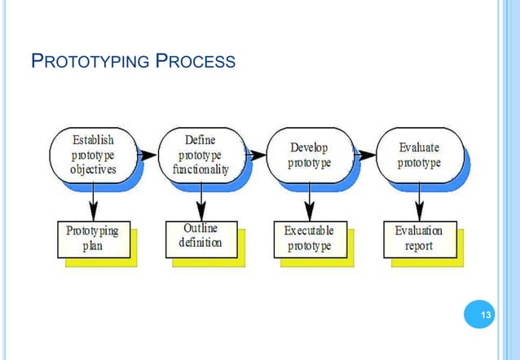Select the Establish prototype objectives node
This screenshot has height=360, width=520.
pos(93,154)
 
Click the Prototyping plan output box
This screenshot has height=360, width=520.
pos(92,239)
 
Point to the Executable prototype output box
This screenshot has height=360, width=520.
pos(310,239)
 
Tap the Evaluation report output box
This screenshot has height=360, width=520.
pos(419,239)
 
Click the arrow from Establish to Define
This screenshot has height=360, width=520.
pos(148,154)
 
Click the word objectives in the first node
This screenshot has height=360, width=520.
pos(93,170)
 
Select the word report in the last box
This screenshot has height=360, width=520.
pos(419,246)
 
